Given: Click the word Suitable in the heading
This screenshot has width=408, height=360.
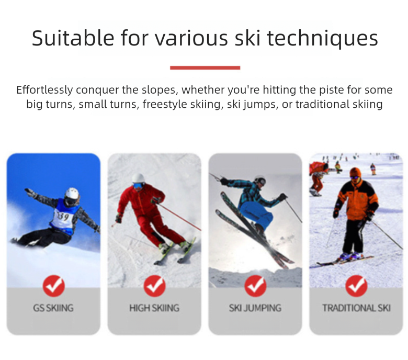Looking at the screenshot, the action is click(73, 38).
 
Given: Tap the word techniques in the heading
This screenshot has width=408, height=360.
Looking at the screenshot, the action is click(323, 39).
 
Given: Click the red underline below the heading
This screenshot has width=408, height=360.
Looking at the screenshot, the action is click(205, 67).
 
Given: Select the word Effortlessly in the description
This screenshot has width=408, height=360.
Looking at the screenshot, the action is click(44, 89).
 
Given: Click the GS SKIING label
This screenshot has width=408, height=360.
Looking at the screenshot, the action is click(53, 308).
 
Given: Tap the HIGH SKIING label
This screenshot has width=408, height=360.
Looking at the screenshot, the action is click(154, 308).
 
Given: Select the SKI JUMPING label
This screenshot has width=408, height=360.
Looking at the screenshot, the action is click(255, 308).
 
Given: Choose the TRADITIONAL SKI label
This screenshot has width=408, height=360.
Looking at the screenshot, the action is click(356, 308).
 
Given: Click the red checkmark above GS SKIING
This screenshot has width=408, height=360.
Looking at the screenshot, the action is click(53, 286).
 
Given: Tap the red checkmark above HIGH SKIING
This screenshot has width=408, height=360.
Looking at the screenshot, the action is click(154, 286).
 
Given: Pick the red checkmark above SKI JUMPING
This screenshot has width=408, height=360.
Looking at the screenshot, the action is click(255, 286).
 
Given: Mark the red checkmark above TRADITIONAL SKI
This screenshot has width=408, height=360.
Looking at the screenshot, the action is click(356, 286).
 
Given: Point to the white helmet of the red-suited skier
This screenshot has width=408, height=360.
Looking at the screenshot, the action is click(138, 178).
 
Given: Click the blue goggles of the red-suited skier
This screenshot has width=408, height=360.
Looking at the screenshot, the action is click(138, 185).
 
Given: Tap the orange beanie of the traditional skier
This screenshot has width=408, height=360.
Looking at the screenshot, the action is click(355, 172).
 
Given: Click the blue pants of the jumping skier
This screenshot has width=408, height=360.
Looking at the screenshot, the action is click(255, 214).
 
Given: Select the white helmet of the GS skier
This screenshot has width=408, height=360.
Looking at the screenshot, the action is click(72, 194).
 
